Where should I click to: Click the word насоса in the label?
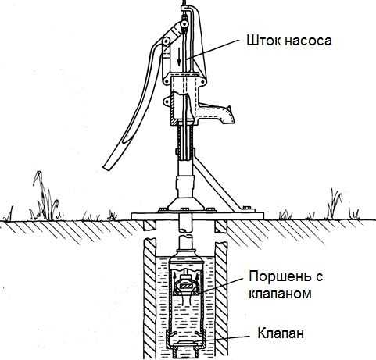pyautogui.click(x=308, y=41)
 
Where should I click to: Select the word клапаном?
pyautogui.click(x=280, y=294)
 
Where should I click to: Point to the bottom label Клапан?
pyautogui.click(x=281, y=333)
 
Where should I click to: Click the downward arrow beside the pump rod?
pyautogui.click(x=179, y=57)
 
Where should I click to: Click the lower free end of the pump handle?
pyautogui.click(x=106, y=166)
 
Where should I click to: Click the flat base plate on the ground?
pyautogui.click(x=197, y=216)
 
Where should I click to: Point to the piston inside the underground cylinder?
pyautogui.click(x=185, y=286)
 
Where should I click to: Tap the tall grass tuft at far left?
pyautogui.click(x=45, y=197)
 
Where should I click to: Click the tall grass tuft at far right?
pyautogui.click(x=334, y=204)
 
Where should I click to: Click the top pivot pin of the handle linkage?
pyautogui.click(x=184, y=25)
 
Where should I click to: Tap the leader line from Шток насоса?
pyautogui.click(x=213, y=49)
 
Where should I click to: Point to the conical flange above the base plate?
pyautogui.click(x=185, y=204)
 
